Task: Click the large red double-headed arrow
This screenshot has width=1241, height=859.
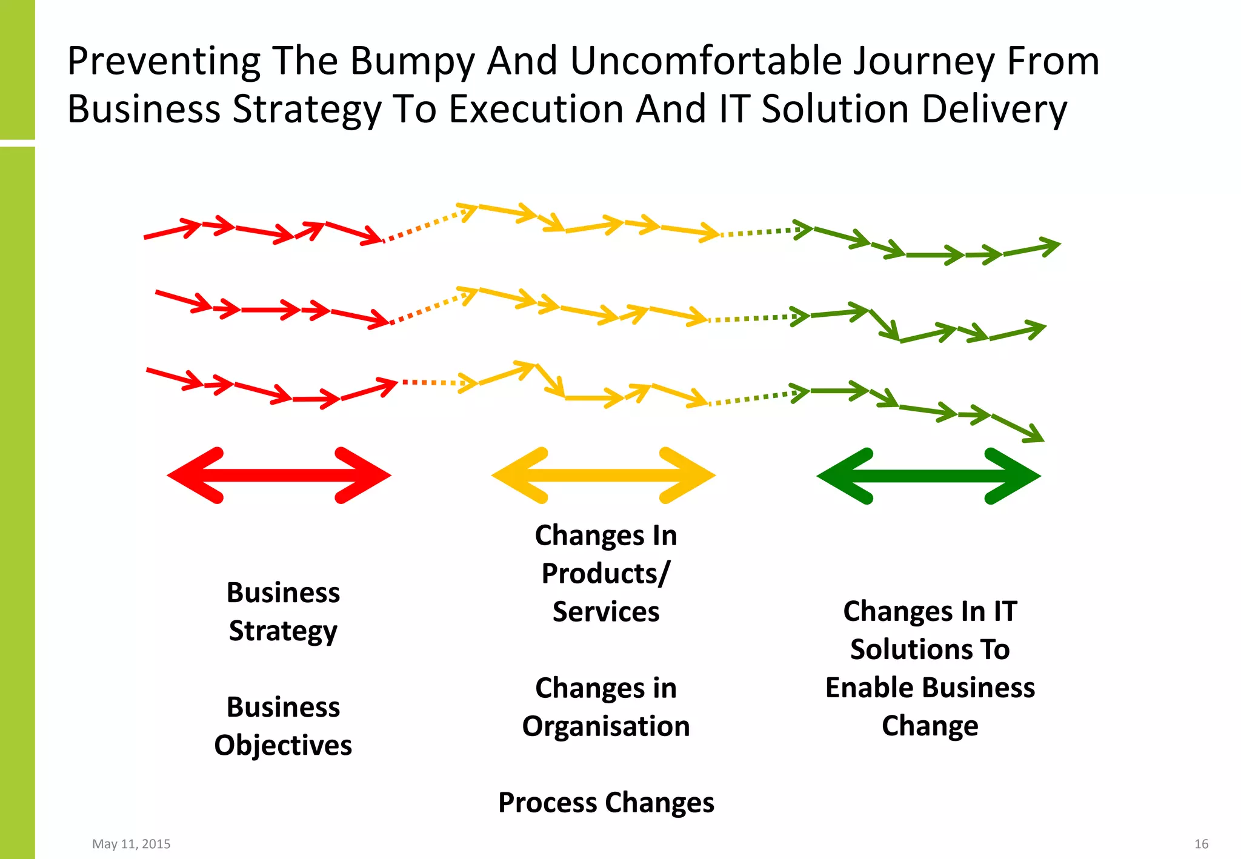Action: click(279, 476)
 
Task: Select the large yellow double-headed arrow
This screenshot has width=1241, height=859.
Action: click(603, 476)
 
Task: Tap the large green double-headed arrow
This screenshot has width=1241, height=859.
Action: click(928, 476)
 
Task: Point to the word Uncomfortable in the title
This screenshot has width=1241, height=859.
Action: click(706, 61)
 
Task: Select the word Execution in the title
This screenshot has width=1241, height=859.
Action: click(536, 110)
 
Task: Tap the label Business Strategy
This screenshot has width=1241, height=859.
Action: click(283, 611)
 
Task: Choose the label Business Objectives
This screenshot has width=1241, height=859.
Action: click(283, 726)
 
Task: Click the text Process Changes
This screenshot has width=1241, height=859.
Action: click(606, 803)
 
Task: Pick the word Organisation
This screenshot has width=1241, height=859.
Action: click(606, 726)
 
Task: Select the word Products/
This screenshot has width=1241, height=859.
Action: click(606, 574)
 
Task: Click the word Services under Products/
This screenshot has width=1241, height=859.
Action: click(606, 612)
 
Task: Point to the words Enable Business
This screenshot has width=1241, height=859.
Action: click(930, 688)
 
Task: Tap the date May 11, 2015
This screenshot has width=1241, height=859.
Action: click(131, 844)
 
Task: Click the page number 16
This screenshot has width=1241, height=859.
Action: click(1201, 844)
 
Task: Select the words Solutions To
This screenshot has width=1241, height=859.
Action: click(930, 649)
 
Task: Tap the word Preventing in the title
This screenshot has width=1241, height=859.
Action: click(164, 62)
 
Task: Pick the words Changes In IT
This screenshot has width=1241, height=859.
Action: click(930, 611)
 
